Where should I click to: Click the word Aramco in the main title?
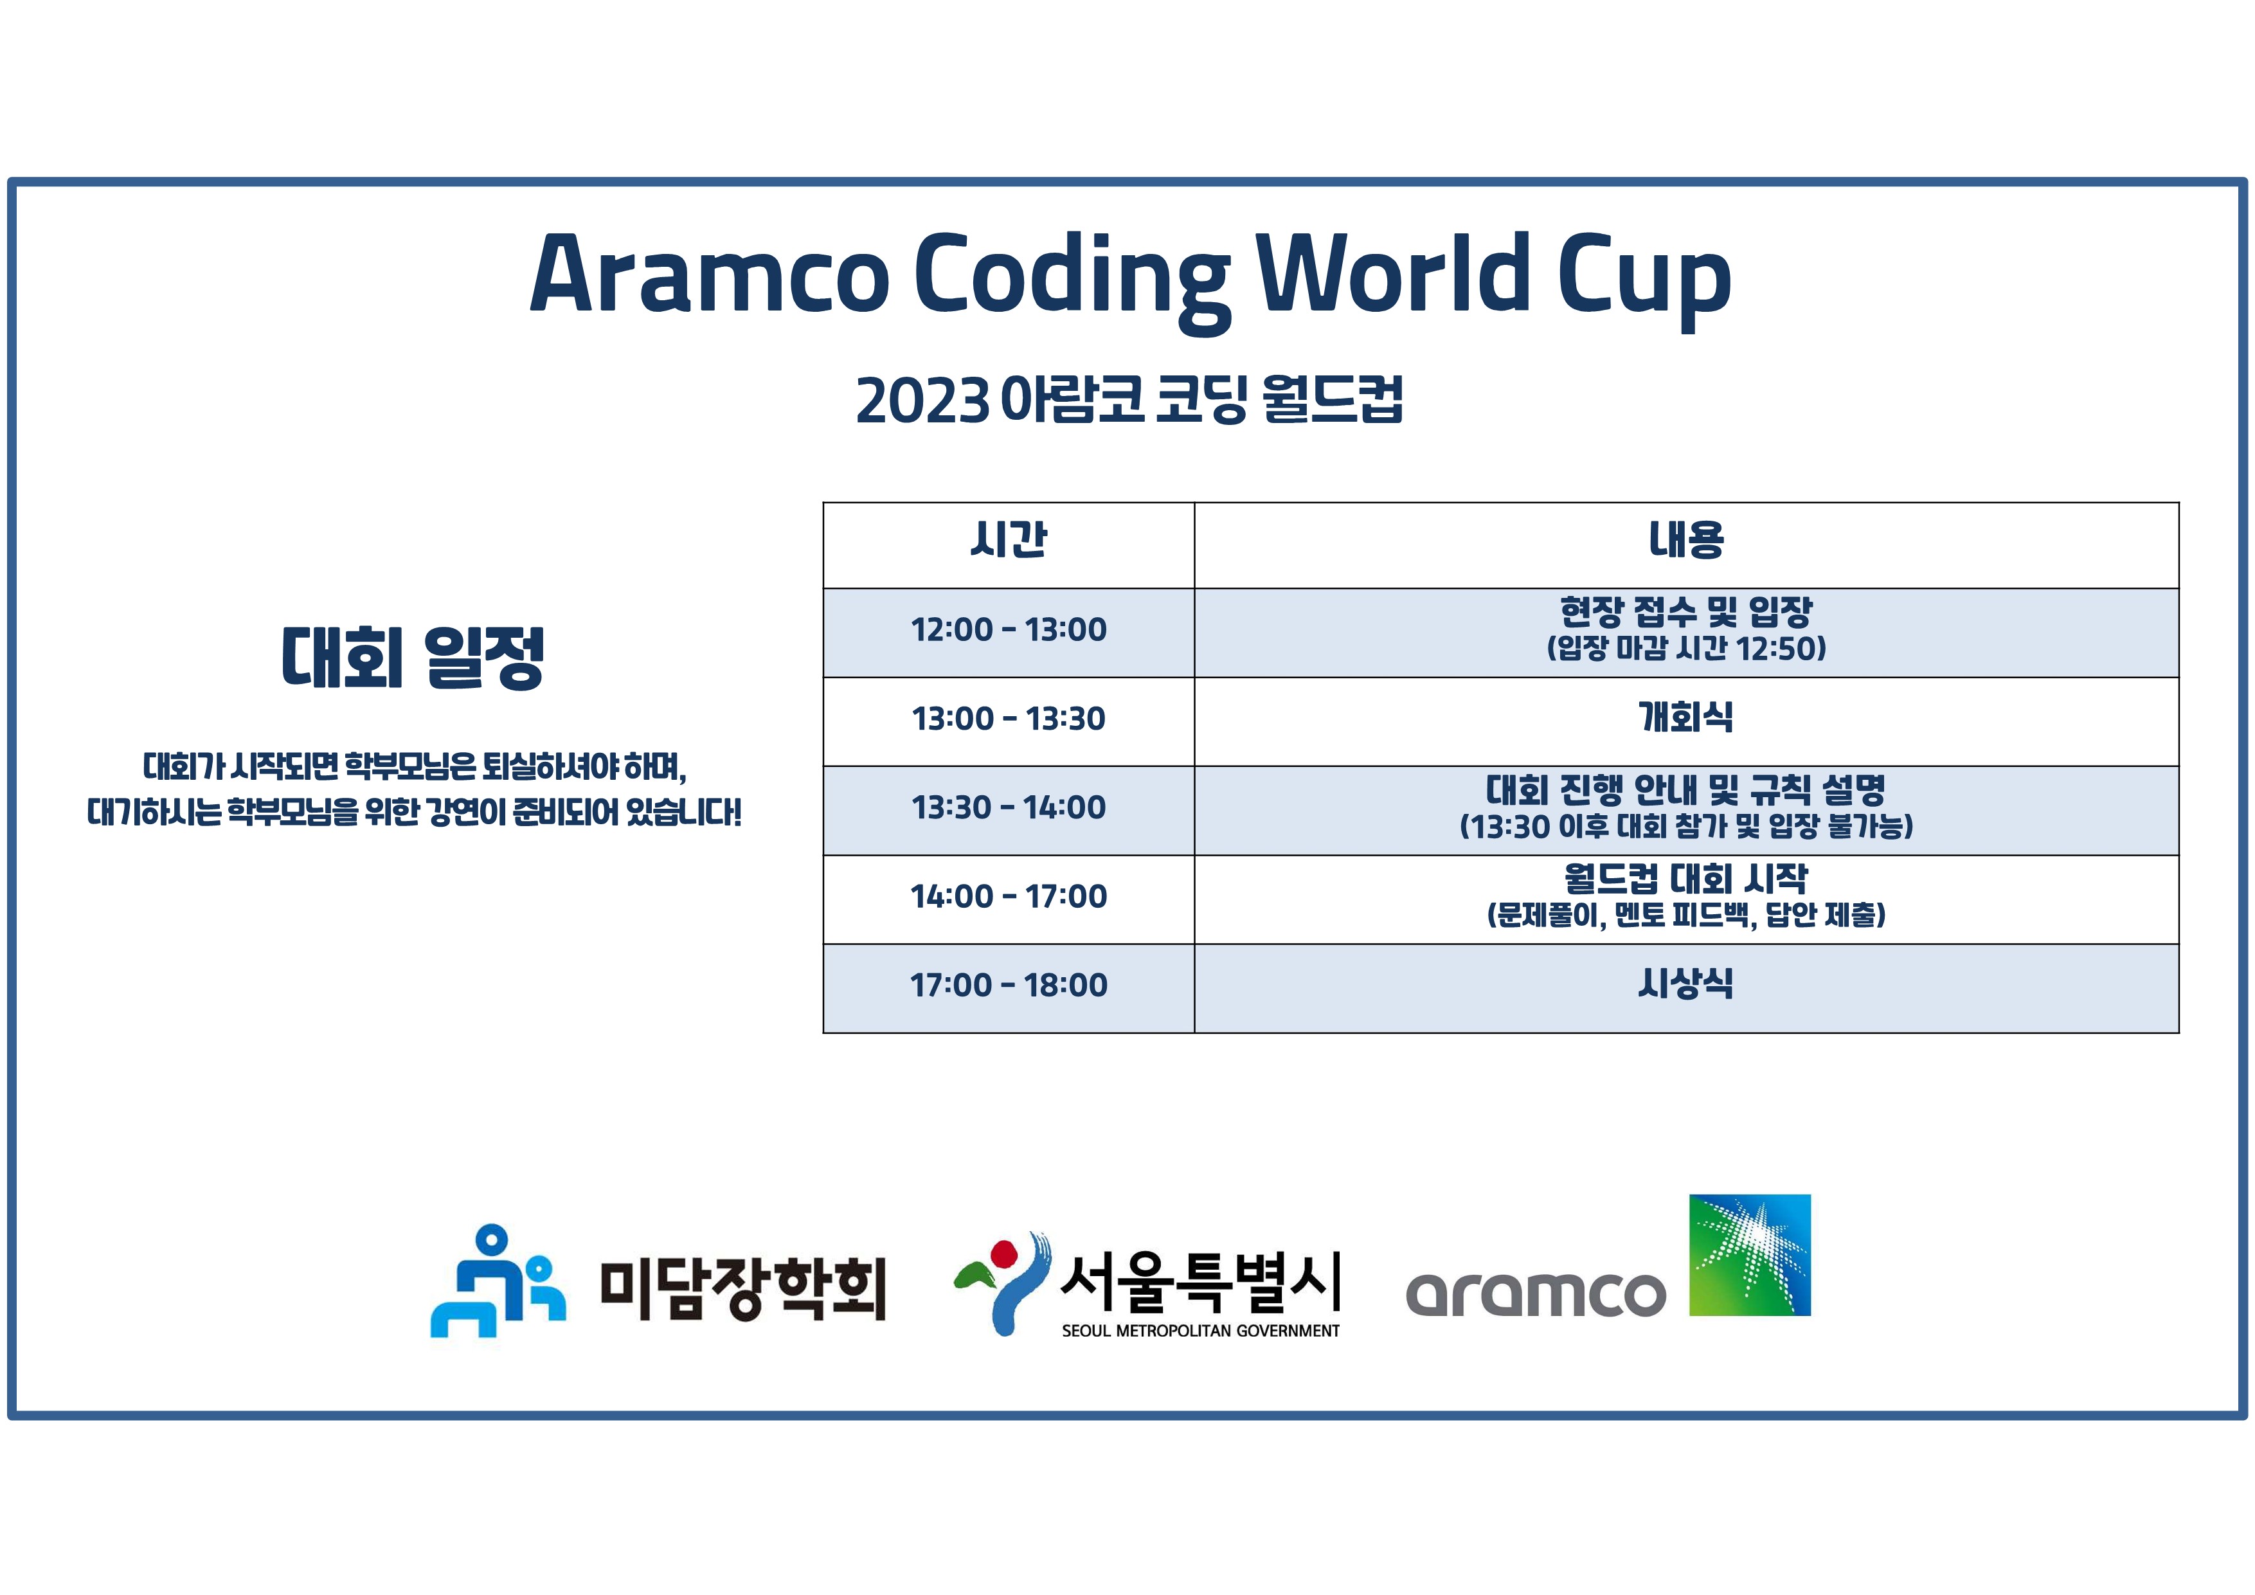click(x=709, y=273)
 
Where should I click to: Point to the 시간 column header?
click(x=1009, y=539)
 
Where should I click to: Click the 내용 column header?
click(x=1686, y=539)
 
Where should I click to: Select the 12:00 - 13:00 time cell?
click(x=1009, y=629)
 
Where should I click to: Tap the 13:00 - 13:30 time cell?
click(x=1009, y=719)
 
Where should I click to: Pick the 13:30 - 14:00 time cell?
click(x=1009, y=807)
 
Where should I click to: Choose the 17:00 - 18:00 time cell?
click(x=1009, y=985)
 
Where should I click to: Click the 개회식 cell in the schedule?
click(x=1686, y=717)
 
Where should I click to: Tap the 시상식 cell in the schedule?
click(x=1686, y=983)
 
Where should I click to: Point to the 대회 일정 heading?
click(x=413, y=657)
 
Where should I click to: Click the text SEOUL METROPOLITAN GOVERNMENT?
click(x=1200, y=1331)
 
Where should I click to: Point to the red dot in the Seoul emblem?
click(x=1003, y=1253)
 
